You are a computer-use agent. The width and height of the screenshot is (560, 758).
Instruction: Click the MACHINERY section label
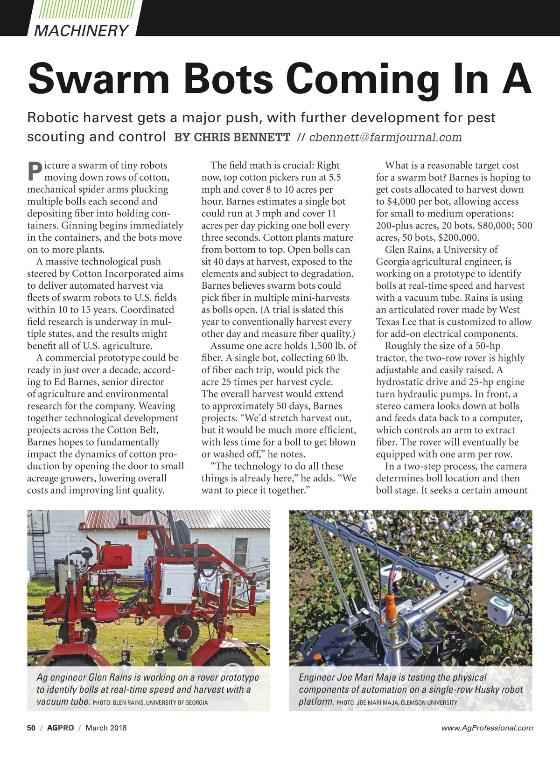click(x=82, y=30)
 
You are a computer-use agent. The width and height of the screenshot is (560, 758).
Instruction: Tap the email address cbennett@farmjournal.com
click(x=385, y=137)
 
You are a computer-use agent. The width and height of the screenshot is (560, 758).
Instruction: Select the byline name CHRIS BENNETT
click(x=232, y=137)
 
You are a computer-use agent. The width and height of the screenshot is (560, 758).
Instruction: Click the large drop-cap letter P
click(x=35, y=171)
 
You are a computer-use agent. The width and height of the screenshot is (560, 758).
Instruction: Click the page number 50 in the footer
click(x=31, y=728)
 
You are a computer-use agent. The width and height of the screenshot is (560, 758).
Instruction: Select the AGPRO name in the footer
click(x=60, y=728)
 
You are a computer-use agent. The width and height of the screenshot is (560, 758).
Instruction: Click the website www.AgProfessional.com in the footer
click(x=487, y=728)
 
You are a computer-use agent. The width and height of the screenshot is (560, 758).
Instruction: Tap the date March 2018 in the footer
click(x=106, y=728)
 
